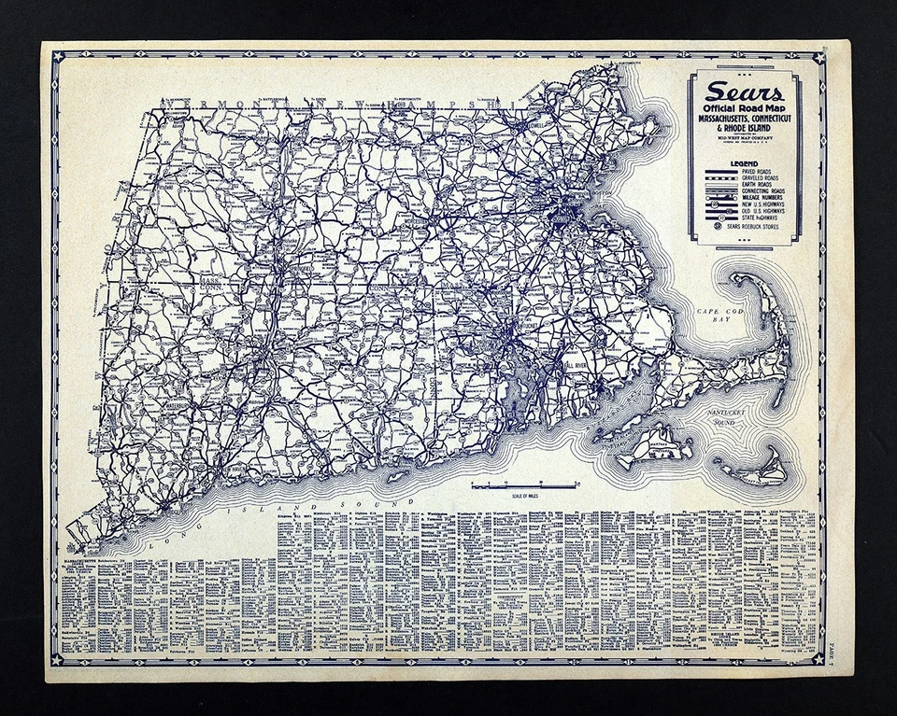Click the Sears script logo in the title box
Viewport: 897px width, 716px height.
[745, 91]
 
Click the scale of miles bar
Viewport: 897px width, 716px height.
[524, 485]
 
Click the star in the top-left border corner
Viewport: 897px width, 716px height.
[57, 56]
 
